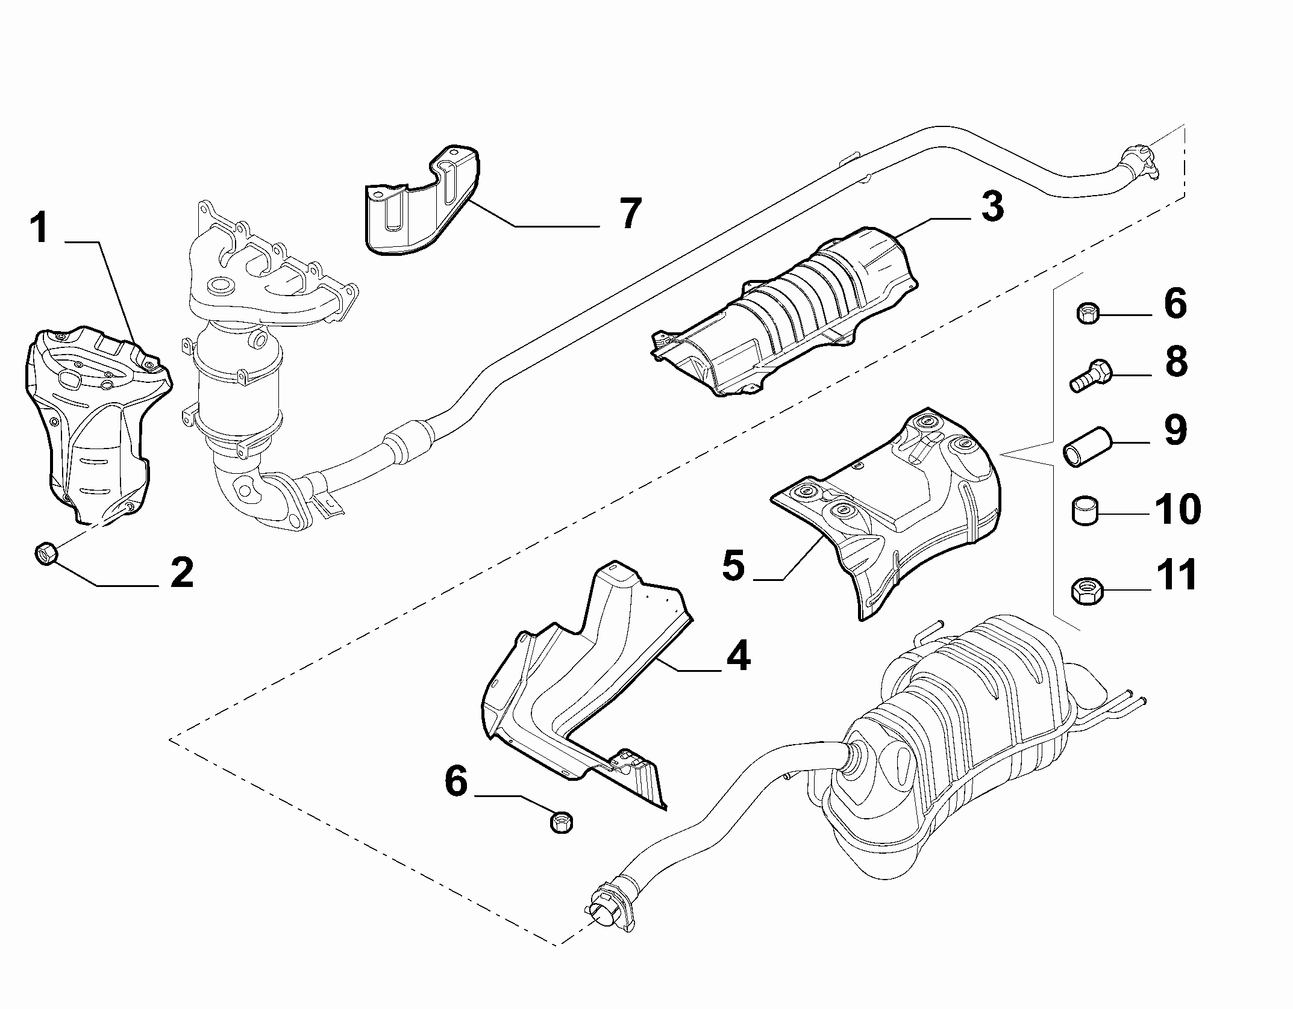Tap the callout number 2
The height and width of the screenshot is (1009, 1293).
[181, 573]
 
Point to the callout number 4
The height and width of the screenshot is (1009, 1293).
[737, 656]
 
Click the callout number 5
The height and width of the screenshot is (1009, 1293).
[733, 566]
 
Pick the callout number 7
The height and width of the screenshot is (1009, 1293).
[630, 213]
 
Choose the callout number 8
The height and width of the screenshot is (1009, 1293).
[1176, 362]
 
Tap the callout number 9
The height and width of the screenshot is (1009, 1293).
[1176, 430]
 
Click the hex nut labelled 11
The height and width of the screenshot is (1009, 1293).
[1088, 591]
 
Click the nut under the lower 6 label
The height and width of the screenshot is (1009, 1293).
[562, 821]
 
